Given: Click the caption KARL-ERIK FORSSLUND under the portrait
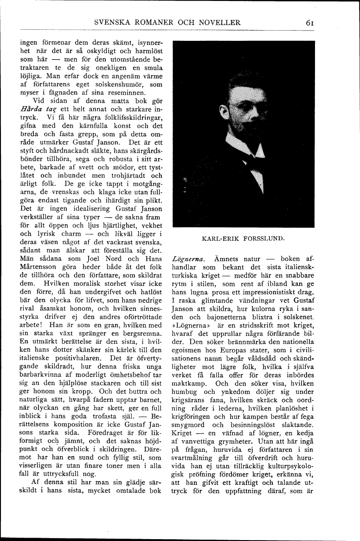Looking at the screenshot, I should coord(244,239).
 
